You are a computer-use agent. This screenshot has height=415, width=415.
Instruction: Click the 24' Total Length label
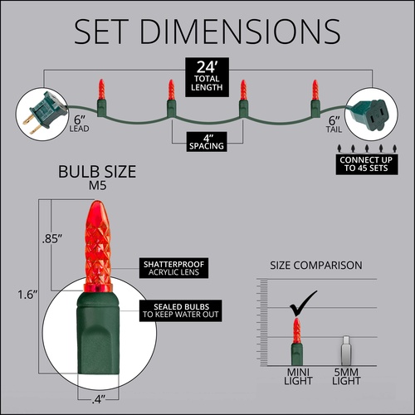[x=207, y=77]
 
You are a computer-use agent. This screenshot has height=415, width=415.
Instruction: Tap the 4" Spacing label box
[x=207, y=142]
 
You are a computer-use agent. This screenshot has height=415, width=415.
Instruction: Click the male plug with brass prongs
[x=44, y=113]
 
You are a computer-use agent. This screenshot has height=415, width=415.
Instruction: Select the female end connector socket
[x=370, y=114]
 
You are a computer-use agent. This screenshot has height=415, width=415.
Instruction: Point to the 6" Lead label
[x=79, y=124]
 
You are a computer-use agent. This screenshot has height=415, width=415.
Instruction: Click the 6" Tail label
[x=334, y=124]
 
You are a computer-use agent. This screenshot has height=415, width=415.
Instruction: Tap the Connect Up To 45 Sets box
[x=367, y=164]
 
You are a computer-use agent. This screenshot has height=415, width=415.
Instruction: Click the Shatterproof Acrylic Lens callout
[x=173, y=268]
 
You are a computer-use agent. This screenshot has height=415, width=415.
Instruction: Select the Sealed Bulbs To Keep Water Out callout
[x=181, y=310]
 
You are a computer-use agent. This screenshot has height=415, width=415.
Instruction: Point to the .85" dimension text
[x=51, y=239]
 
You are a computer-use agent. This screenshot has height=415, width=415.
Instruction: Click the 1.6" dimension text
[x=27, y=295]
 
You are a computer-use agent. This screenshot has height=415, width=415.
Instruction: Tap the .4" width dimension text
[x=99, y=399]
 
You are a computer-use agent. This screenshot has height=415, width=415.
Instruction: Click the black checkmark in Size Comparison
[x=303, y=304]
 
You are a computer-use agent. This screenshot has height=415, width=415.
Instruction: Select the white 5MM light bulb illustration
[x=346, y=350]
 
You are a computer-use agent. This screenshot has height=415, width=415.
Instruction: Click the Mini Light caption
[x=298, y=377]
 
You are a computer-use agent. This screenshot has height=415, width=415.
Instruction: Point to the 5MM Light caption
[x=346, y=377]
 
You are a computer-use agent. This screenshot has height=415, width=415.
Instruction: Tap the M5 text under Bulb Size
[x=97, y=186]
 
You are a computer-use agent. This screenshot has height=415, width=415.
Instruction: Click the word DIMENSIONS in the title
[x=240, y=32]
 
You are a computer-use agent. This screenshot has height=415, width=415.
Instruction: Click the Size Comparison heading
[x=316, y=266]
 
